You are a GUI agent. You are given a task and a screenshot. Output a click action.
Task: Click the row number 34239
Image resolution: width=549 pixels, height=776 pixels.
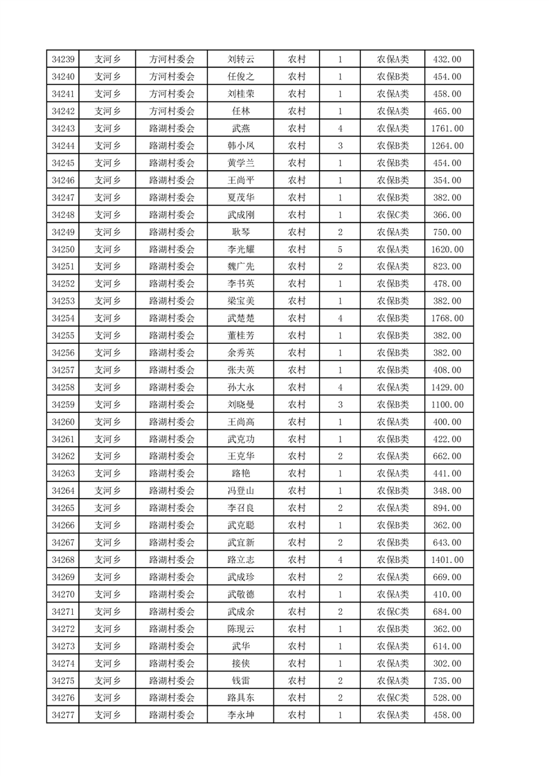click(x=63, y=59)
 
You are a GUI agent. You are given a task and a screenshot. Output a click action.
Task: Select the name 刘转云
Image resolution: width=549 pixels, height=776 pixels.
click(x=241, y=59)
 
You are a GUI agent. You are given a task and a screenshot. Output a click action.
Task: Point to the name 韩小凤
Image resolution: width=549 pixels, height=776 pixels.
click(x=241, y=146)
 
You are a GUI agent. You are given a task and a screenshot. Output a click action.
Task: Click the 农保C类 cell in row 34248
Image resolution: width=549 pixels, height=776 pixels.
click(x=393, y=215)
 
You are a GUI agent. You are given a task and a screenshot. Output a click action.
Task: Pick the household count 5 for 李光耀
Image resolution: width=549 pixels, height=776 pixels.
click(x=340, y=250)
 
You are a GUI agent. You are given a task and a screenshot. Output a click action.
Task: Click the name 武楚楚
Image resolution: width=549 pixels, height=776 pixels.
click(x=241, y=318)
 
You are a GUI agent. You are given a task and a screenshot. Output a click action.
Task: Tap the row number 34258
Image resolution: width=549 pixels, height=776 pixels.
click(x=63, y=387)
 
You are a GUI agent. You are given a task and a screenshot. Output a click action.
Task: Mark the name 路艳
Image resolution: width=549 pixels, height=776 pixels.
click(x=241, y=474)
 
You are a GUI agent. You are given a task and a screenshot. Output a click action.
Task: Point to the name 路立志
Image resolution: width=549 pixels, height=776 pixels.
click(x=241, y=560)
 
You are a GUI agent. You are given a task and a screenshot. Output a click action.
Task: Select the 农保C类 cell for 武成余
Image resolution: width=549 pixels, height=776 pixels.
click(x=393, y=612)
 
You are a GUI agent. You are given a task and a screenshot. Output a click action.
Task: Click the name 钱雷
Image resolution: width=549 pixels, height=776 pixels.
click(x=241, y=681)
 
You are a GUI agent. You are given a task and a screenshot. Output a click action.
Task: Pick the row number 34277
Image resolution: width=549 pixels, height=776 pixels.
click(x=63, y=715)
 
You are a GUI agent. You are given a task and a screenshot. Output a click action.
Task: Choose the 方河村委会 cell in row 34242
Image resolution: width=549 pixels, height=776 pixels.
click(x=172, y=111)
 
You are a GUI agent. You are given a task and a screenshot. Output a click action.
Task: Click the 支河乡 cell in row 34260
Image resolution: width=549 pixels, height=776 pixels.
click(x=107, y=422)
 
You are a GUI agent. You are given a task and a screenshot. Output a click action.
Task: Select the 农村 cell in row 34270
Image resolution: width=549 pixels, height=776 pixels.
click(x=297, y=595)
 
